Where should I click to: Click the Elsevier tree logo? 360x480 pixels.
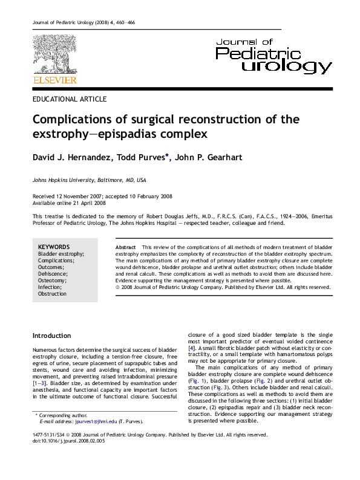point(54,54)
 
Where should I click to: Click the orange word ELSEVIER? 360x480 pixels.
point(54,79)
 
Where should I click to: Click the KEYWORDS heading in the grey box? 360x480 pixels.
point(54,247)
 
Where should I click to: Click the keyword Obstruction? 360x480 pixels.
point(53,294)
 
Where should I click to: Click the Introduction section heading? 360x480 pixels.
point(51,336)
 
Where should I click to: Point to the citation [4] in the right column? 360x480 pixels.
point(192,349)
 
